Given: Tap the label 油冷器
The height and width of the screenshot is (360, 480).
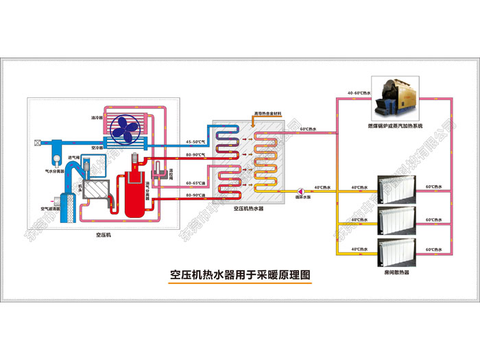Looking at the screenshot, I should pos(97,117).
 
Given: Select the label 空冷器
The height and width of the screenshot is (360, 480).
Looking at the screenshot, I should pos(97,147).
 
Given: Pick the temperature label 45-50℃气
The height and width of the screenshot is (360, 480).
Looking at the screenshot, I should pos(196,141).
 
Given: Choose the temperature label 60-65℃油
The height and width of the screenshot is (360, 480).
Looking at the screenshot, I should pos(196,183).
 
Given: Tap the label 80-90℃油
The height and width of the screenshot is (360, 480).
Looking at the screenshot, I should pos(196,195).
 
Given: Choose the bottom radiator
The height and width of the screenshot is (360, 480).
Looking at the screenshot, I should pos(396,252).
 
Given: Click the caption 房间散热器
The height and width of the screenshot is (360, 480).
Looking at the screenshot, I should pos(396,273).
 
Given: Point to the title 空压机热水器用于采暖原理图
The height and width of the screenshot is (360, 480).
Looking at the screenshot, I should pos(240,275).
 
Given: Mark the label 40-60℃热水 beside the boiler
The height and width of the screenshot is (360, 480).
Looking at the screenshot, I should pos(359,93).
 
